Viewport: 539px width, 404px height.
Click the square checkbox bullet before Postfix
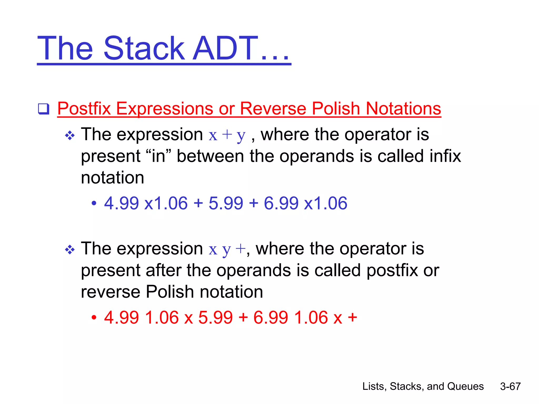pyautogui.click(x=44, y=109)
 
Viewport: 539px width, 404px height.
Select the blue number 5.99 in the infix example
pyautogui.click(x=226, y=203)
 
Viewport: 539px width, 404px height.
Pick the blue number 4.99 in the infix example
pyautogui.click(x=121, y=203)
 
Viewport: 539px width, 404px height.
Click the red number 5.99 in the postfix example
pyautogui.click(x=215, y=317)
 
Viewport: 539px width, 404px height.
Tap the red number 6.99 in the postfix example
pyautogui.click(x=271, y=317)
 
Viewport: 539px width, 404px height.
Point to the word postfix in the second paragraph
pyautogui.click(x=392, y=270)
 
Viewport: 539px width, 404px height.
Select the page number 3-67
pyautogui.click(x=510, y=386)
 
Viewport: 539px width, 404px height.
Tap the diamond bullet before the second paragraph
pyautogui.click(x=70, y=250)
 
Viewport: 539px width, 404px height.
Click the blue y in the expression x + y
pyautogui.click(x=241, y=136)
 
